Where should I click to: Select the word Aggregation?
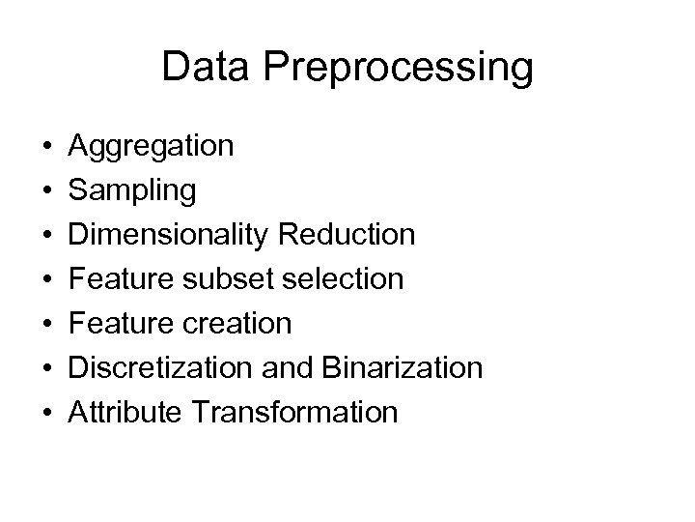[151, 148]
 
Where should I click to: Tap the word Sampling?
[132, 192]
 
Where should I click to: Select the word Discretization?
[161, 368]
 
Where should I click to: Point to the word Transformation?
[294, 413]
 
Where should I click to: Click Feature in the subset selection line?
[120, 279]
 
